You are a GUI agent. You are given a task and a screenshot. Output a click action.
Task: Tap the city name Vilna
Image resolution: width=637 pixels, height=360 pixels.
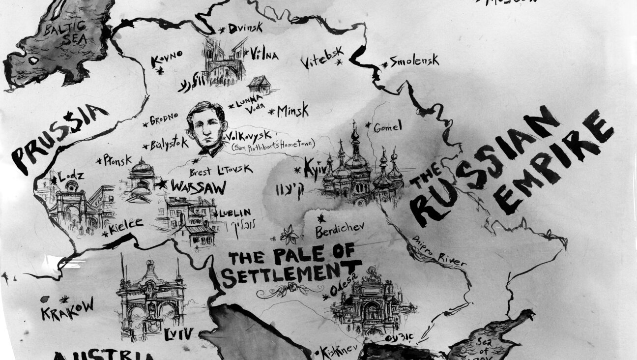coord(264,54)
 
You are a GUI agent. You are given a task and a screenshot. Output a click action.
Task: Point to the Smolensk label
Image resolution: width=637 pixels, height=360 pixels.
coord(413,62)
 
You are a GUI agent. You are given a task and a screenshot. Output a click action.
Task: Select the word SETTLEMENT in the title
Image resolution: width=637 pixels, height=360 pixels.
coord(288,274)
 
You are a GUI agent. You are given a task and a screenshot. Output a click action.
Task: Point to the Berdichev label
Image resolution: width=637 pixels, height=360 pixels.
coord(340,229)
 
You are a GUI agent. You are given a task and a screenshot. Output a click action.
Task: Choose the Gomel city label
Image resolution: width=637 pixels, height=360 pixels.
coord(387,127)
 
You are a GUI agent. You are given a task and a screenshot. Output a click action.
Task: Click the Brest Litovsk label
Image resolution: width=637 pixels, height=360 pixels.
coord(221,170)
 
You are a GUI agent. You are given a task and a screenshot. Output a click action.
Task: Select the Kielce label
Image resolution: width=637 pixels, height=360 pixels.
coord(126,225)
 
